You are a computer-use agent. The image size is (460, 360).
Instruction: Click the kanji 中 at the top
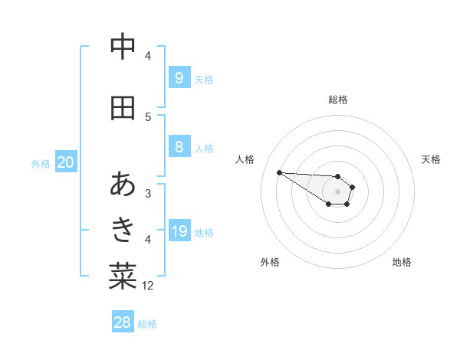pyautogui.click(x=123, y=47)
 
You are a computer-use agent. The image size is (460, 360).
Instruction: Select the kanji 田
pyautogui.click(x=123, y=108)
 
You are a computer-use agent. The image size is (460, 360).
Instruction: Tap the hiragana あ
pyautogui.click(x=123, y=185)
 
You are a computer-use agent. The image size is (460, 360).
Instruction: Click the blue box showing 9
pyautogui.click(x=179, y=77)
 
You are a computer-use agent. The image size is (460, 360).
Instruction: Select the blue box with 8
pyautogui.click(x=179, y=147)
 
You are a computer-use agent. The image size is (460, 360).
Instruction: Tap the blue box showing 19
pyautogui.click(x=179, y=231)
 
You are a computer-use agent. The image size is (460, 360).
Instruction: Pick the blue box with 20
pyautogui.click(x=66, y=162)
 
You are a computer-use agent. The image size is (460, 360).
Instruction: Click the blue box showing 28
pyautogui.click(x=123, y=322)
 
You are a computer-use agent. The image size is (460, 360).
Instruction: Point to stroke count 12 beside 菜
pyautogui.click(x=148, y=286)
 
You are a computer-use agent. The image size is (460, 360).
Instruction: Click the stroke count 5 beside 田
pyautogui.click(x=148, y=116)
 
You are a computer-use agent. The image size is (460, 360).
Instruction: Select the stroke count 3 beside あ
pyautogui.click(x=148, y=193)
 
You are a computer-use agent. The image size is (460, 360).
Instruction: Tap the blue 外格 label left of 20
pyautogui.click(x=41, y=163)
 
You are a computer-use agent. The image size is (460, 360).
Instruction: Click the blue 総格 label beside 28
pyautogui.click(x=147, y=323)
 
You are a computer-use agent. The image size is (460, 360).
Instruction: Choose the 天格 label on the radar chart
pyautogui.click(x=431, y=159)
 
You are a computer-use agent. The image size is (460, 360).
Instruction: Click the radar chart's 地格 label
pyautogui.click(x=402, y=262)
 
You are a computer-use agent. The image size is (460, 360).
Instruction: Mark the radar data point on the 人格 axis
pyautogui.click(x=279, y=172)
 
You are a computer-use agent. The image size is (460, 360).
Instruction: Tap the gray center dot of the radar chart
pyautogui.click(x=337, y=191)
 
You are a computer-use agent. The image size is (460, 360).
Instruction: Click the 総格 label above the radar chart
pyautogui.click(x=337, y=100)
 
